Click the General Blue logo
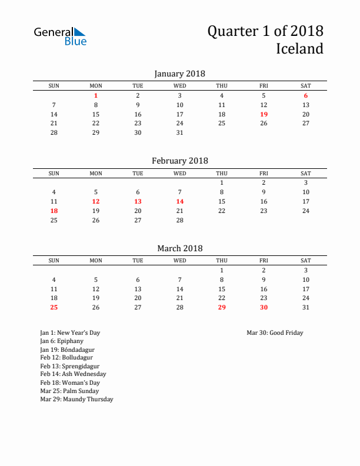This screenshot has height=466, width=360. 60,36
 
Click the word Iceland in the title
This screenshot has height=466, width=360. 299,49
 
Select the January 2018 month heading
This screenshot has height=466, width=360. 179,74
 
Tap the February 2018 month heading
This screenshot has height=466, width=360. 179,161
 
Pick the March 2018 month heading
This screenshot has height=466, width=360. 179,248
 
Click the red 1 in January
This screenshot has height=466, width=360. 96,95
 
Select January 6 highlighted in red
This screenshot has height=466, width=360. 306,95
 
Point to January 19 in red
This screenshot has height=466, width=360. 264,114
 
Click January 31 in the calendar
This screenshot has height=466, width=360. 180,132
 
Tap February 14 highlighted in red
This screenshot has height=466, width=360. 180,201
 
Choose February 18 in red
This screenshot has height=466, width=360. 54,211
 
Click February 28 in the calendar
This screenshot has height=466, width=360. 180,220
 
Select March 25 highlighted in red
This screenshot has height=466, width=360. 54,307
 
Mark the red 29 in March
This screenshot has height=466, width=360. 222,307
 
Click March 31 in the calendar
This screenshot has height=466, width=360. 306,307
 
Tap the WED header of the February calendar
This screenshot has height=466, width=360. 180,173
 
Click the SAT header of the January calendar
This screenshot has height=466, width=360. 306,86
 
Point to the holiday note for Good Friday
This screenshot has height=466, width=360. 275,333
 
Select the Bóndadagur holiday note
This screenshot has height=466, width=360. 67,349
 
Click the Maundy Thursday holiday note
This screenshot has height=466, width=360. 76,399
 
